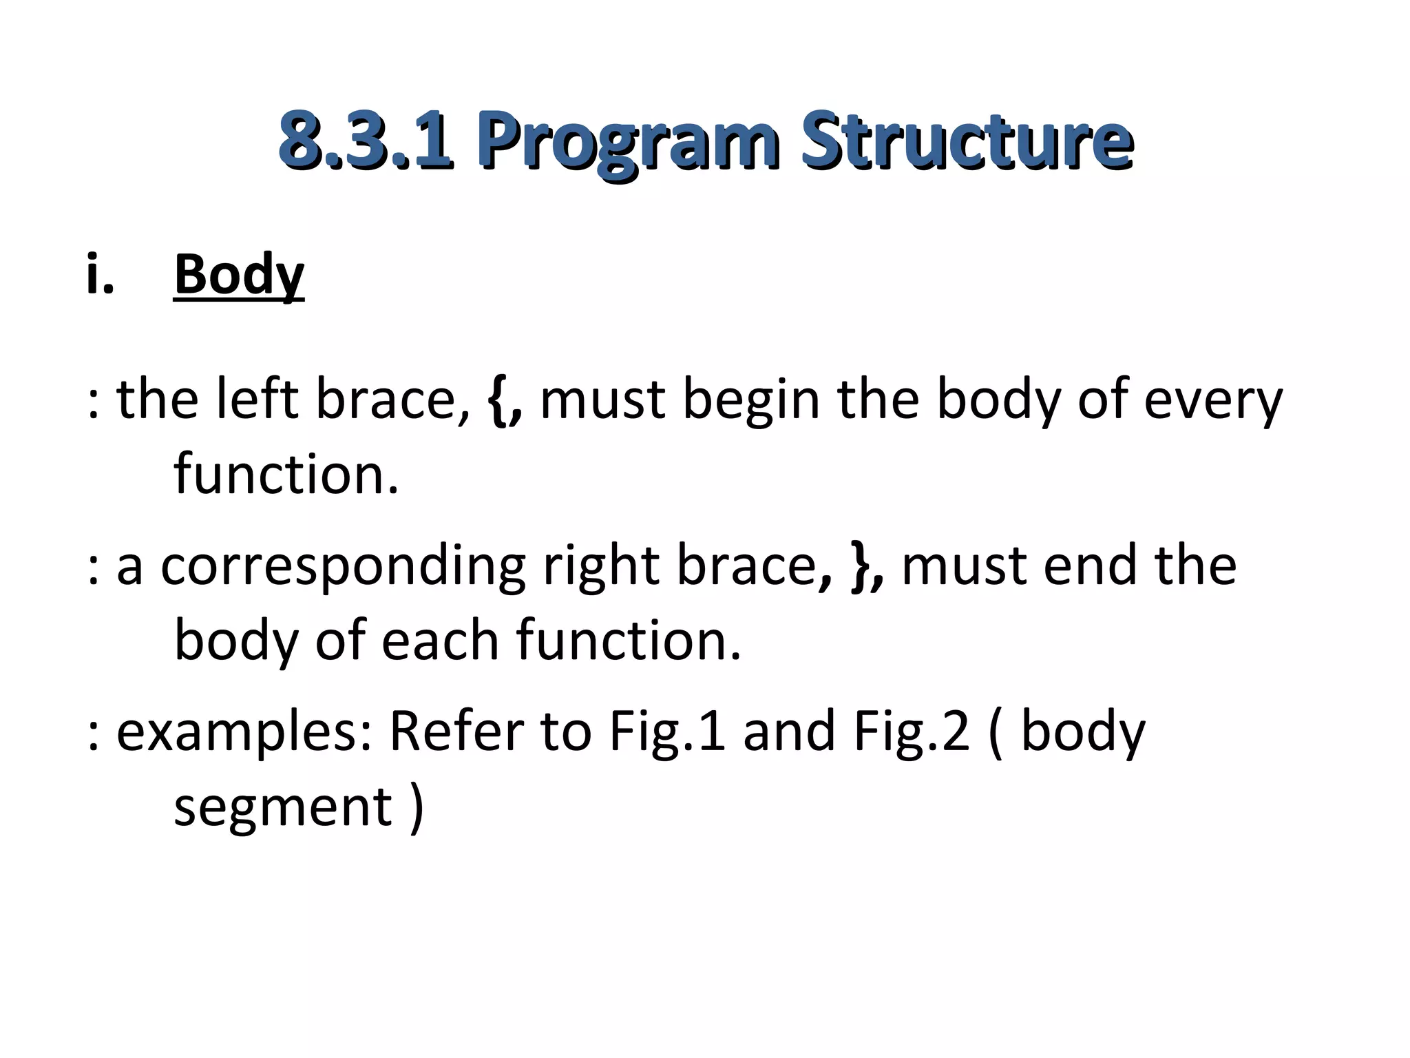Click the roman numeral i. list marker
[x=101, y=274]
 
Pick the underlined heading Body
[x=239, y=274]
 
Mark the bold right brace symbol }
[x=860, y=566]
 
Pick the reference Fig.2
[x=912, y=732]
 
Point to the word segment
[x=283, y=807]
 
